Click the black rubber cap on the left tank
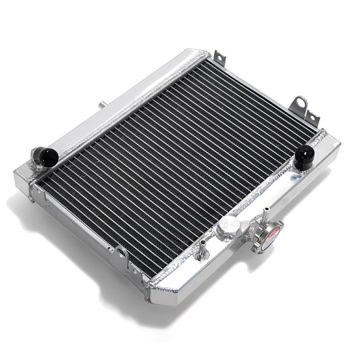coord(46,157)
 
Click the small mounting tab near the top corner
coord(218,59)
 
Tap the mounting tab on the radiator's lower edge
coord(122,256)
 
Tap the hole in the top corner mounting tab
coord(218,57)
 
